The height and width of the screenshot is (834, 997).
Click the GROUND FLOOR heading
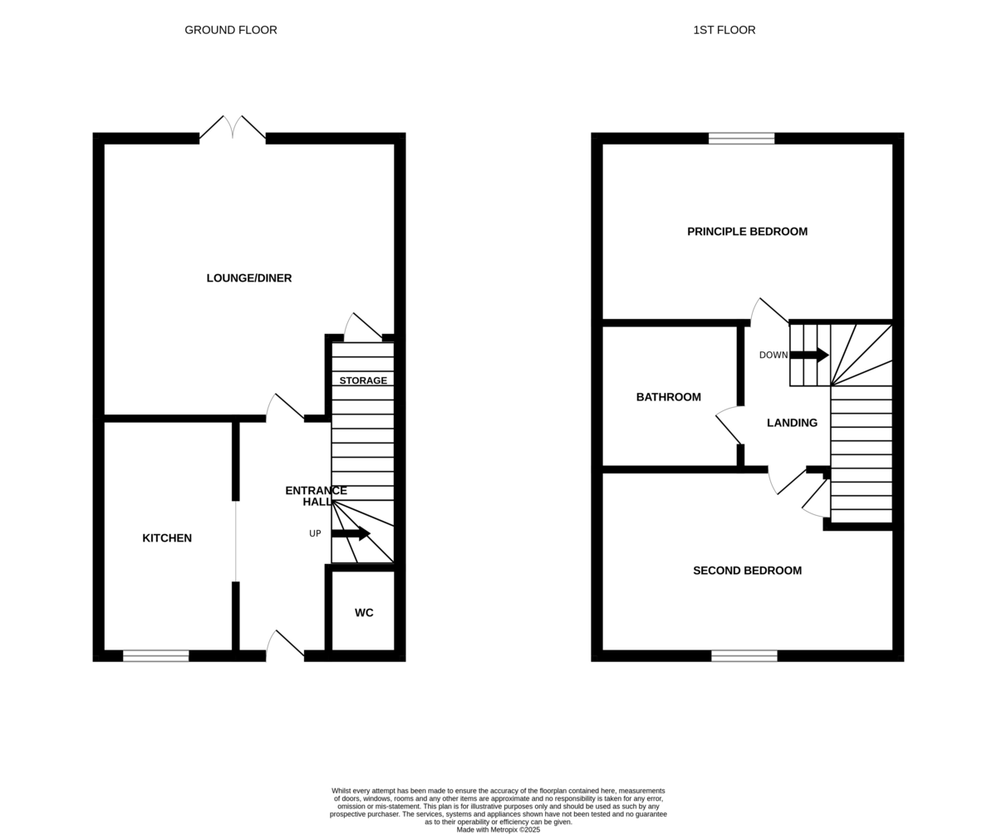pyautogui.click(x=231, y=30)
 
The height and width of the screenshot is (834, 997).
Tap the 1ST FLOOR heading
pyautogui.click(x=724, y=30)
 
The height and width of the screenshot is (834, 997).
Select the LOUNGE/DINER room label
pyautogui.click(x=248, y=277)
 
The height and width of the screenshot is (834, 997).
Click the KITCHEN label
pyautogui.click(x=167, y=538)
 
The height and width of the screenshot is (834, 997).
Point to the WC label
pyautogui.click(x=364, y=612)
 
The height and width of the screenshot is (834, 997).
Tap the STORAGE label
pyautogui.click(x=363, y=380)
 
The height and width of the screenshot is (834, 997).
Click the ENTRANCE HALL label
pyautogui.click(x=316, y=496)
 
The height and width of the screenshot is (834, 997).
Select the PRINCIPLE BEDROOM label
pyautogui.click(x=747, y=232)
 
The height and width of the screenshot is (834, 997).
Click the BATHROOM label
pyautogui.click(x=669, y=397)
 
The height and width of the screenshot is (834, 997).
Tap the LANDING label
pyautogui.click(x=792, y=423)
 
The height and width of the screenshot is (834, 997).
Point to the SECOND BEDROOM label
pyautogui.click(x=747, y=571)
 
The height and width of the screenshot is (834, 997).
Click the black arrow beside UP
pyautogui.click(x=351, y=533)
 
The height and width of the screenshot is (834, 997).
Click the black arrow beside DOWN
pyautogui.click(x=809, y=356)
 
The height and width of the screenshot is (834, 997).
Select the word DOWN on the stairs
pyautogui.click(x=774, y=356)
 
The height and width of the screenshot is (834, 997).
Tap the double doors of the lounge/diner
pyautogui.click(x=233, y=128)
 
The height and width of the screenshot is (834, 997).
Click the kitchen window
pyautogui.click(x=156, y=656)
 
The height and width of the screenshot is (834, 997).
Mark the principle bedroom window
pyautogui.click(x=742, y=139)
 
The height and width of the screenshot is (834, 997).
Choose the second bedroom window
pyautogui.click(x=744, y=656)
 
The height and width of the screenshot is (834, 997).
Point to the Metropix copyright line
pyautogui.click(x=498, y=830)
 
